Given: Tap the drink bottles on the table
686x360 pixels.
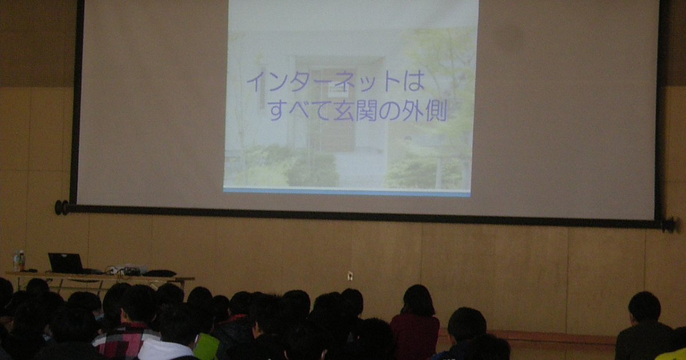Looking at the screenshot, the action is (x=19, y=261).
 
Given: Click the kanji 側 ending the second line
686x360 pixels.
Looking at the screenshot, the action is (x=434, y=110).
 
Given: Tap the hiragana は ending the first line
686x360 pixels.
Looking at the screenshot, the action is (x=414, y=81).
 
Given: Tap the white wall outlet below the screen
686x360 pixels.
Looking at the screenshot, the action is (x=350, y=276).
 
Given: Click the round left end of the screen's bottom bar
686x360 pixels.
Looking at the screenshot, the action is (x=62, y=207).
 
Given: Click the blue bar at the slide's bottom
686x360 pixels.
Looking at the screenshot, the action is (x=346, y=191).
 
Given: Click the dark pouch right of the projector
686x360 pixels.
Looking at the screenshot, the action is (x=159, y=273).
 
